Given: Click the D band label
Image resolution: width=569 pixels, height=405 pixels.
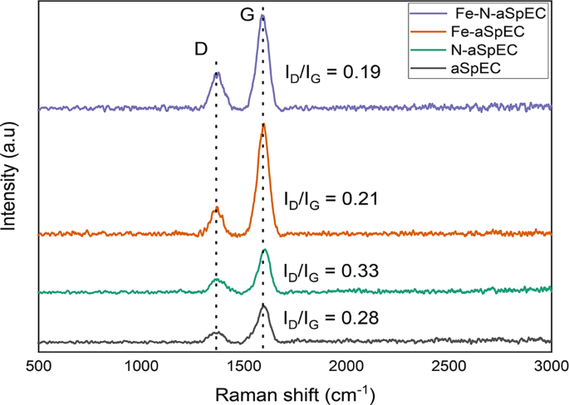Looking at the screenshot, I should point(201,49).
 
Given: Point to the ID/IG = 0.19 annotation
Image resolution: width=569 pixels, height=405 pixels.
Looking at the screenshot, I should point(332,72).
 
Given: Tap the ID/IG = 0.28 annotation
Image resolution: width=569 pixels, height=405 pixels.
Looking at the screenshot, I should point(331,318).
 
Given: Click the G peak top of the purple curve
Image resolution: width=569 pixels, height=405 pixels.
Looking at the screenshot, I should point(262,17).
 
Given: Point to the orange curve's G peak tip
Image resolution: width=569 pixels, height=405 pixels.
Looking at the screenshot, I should point(263,124).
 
